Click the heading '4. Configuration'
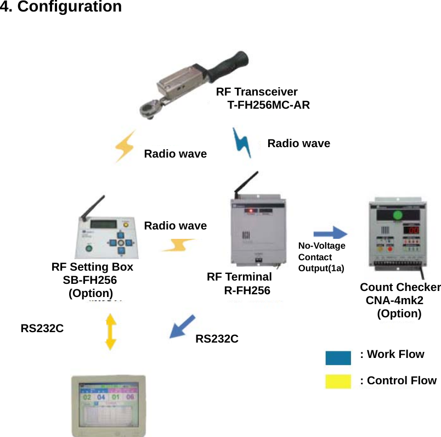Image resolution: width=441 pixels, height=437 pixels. [x=61, y=7]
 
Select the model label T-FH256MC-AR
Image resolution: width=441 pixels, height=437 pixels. [x=268, y=104]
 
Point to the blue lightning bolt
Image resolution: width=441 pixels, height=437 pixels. [x=242, y=143]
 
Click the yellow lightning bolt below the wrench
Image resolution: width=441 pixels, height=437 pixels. [x=125, y=146]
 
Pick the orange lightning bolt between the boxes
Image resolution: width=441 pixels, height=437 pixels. [x=177, y=245]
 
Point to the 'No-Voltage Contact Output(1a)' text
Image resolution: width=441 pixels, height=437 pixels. [x=321, y=257]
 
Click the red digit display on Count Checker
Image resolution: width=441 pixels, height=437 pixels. [x=413, y=229]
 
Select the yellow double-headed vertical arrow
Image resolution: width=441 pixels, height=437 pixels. [x=111, y=332]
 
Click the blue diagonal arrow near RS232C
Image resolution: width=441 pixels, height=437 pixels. [x=182, y=326]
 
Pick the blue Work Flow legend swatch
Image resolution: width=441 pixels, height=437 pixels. [x=338, y=358]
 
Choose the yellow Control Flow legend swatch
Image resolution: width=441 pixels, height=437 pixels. [x=338, y=381]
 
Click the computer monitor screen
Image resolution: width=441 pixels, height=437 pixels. [x=109, y=406]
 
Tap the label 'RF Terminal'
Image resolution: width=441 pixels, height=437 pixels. [x=239, y=277]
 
